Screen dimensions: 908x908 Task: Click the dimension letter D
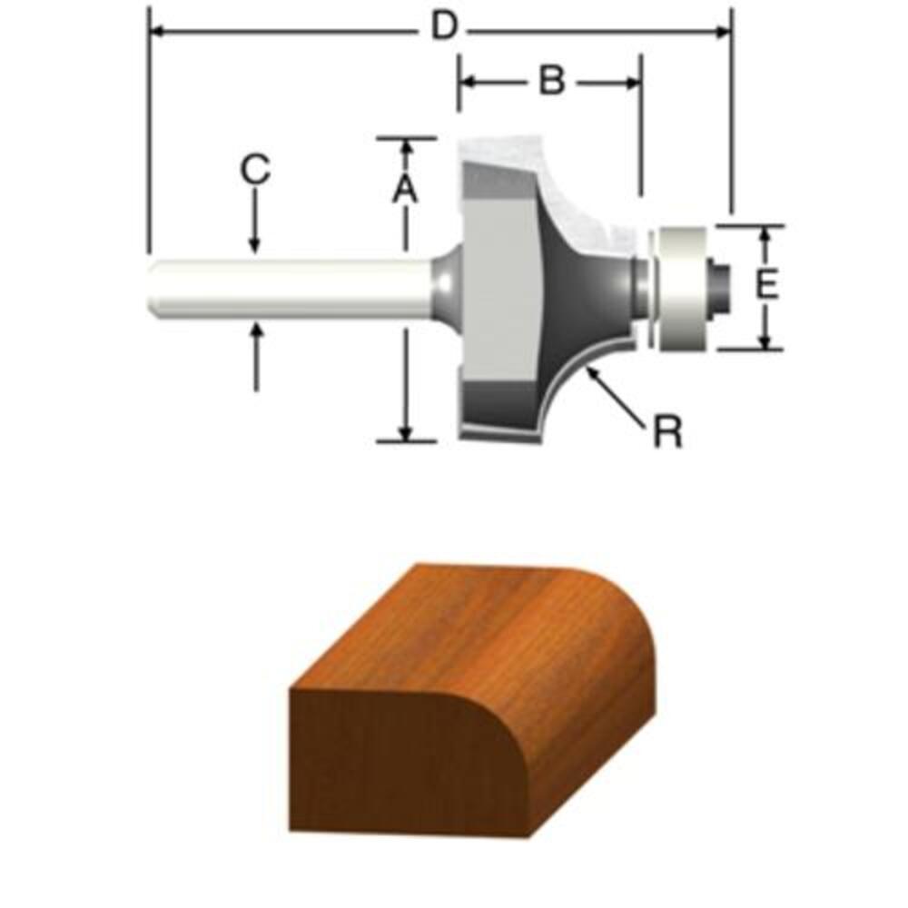pos(444,27)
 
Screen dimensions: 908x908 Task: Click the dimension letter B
pos(552,81)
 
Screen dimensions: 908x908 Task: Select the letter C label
pos(255,170)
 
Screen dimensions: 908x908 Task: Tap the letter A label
pos(405,190)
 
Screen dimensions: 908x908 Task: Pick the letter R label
pos(667,430)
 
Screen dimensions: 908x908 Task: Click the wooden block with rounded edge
pos(472,701)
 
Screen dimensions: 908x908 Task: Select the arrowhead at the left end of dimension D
pos(156,31)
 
